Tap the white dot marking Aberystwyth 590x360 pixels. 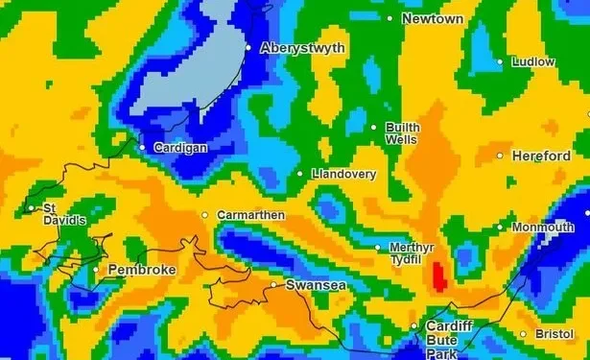click(x=248, y=47)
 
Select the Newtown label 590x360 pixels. click(x=433, y=18)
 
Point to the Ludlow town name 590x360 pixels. click(x=534, y=61)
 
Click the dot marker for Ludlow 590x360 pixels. click(x=500, y=62)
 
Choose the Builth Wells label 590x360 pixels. click(x=402, y=132)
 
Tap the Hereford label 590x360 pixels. click(x=541, y=156)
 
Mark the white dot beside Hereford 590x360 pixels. click(x=500, y=156)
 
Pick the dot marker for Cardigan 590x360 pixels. click(x=143, y=148)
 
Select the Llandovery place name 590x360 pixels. click(x=343, y=174)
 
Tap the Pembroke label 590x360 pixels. click(x=141, y=270)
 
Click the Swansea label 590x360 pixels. click(x=316, y=285)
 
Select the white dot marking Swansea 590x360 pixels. click(x=273, y=284)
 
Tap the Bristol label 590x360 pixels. click(x=554, y=334)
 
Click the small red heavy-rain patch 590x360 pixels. click(x=438, y=276)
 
